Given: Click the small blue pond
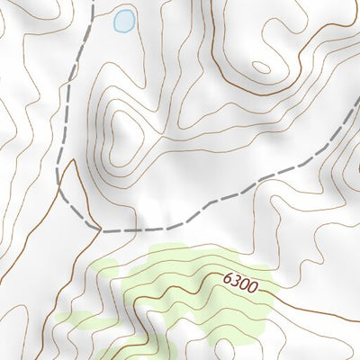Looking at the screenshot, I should (124, 21).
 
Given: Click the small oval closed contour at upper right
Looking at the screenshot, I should (261, 67).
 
